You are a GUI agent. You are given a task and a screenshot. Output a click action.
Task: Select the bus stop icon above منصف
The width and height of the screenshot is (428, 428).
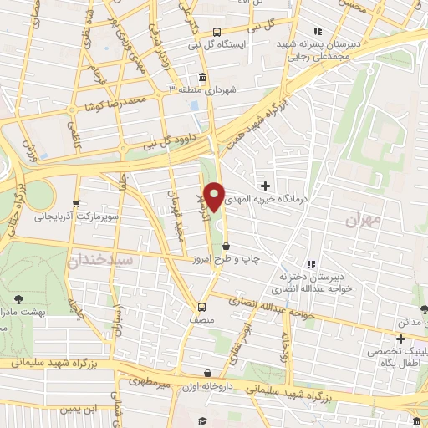201,307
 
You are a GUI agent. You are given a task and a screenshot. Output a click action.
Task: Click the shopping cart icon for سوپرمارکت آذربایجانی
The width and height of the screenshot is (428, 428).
76,202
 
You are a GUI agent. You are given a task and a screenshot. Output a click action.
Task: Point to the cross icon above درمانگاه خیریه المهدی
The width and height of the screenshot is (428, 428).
266,185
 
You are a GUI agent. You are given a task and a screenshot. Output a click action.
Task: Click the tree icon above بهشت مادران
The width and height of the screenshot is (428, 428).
18,297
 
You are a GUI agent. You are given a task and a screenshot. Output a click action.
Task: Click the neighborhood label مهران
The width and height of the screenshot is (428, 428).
363,218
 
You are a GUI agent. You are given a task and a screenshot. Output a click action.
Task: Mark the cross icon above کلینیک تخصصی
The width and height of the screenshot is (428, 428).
401,339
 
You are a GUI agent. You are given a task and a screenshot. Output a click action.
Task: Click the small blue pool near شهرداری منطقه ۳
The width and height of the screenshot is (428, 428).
194,106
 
